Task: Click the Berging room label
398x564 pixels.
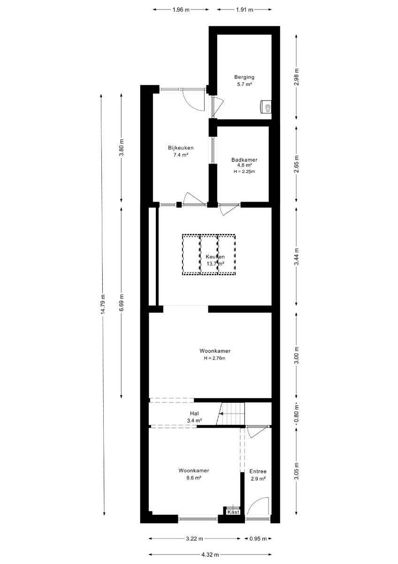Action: pos(244,77)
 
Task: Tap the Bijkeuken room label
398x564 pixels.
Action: pos(181,148)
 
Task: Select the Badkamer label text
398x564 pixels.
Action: pos(245,160)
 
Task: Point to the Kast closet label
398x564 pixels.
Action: pos(233,512)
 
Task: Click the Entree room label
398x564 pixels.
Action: pos(258,471)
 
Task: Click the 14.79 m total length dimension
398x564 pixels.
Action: pos(103,304)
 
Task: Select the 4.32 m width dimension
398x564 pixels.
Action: pos(210,554)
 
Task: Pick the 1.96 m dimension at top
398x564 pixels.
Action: pos(181,10)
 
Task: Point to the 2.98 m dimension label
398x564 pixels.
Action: pos(297,77)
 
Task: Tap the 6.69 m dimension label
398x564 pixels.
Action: pos(122,302)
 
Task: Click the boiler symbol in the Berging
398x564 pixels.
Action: pos(266,107)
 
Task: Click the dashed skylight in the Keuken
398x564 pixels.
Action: pos(209,255)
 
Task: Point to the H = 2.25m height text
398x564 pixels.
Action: pos(245,172)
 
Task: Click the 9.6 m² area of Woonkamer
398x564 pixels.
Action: pos(193,478)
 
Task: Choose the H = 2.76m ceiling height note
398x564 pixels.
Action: pos(214,358)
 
